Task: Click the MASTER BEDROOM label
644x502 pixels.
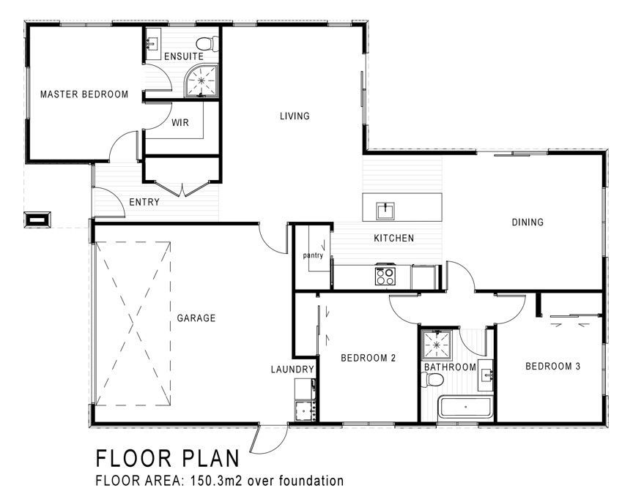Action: pos(84,94)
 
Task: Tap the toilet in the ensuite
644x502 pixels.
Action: pos(207,44)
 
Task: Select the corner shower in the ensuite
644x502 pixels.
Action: pos(201,80)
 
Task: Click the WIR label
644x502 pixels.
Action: pos(180,122)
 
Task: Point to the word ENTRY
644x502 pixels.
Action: pos(144,202)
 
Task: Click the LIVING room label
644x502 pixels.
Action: pos(295,116)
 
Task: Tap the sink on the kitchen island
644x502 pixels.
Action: pos(385,211)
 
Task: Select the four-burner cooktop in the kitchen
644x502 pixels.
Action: pos(385,275)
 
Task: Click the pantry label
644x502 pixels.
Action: pos(313,255)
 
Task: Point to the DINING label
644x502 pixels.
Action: pos(528,222)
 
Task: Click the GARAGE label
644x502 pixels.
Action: pos(196,318)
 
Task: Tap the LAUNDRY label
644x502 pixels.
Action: pos(292,369)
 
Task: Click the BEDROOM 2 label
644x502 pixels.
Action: pos(369,358)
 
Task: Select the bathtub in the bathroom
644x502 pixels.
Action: pos(465,408)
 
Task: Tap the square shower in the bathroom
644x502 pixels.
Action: pos(437,344)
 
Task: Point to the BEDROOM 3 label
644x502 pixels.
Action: pos(553,366)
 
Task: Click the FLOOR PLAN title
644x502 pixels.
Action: pos(168,458)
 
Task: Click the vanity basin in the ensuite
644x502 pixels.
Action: pos(153,43)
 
